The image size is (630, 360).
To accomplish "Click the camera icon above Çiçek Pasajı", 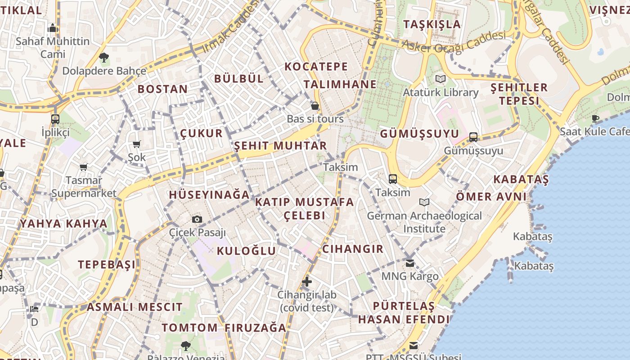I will [197, 220].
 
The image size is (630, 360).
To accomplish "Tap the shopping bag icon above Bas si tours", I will [315, 106].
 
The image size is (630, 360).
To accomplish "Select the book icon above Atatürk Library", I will [440, 79].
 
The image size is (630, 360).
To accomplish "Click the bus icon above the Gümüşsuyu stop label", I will [473, 137].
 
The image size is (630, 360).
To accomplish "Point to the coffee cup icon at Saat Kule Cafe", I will [595, 119].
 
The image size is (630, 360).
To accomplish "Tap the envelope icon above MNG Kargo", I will [409, 263].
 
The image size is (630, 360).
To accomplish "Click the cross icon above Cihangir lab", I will [307, 282].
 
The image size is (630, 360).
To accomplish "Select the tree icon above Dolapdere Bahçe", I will [104, 58].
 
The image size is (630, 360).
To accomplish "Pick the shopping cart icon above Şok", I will [137, 144].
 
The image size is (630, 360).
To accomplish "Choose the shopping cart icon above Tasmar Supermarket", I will [83, 167].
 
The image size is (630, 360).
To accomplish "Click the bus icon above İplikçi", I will [55, 119].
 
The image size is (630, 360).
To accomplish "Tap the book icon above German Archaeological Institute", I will [424, 202].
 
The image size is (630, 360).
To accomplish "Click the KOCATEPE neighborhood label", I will [316, 67].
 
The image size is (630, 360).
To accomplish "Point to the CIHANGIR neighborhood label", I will [353, 249].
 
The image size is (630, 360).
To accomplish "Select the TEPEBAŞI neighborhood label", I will [107, 265].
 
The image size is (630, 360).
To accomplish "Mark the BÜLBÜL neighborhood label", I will [238, 78].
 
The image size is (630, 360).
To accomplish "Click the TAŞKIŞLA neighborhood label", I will [432, 24].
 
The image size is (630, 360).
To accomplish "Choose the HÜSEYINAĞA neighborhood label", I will [209, 195].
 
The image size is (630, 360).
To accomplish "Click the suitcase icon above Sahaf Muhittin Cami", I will [53, 28].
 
